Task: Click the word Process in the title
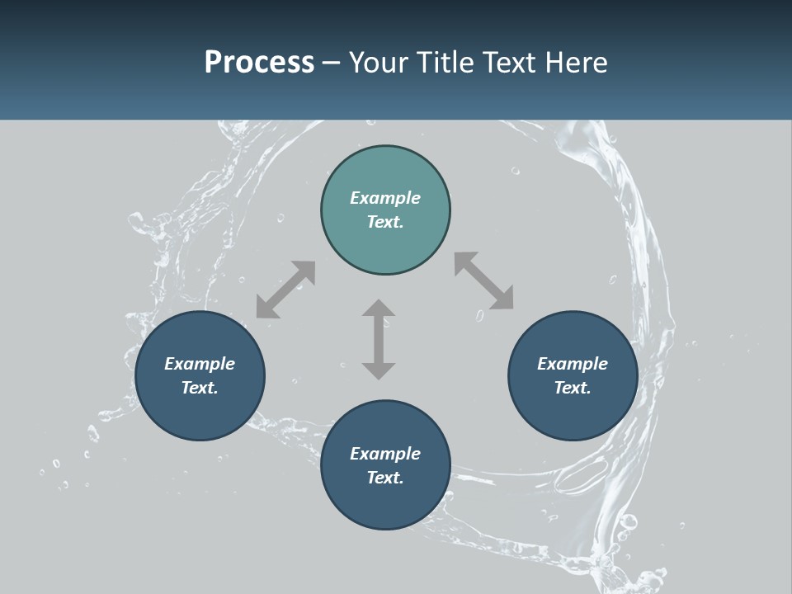click(x=259, y=63)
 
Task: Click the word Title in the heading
click(x=445, y=63)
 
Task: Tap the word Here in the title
click(x=575, y=63)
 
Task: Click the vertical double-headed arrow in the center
click(x=379, y=339)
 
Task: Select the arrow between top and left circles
click(x=285, y=290)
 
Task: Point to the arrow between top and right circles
click(x=483, y=280)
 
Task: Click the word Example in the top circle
click(x=385, y=198)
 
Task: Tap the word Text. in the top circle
click(x=385, y=222)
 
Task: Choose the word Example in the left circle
click(x=200, y=364)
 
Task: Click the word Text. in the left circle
click(x=200, y=388)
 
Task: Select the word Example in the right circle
click(x=573, y=364)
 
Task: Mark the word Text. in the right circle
click(x=573, y=388)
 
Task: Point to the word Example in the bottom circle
click(x=385, y=454)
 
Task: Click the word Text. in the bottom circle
click(x=385, y=478)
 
